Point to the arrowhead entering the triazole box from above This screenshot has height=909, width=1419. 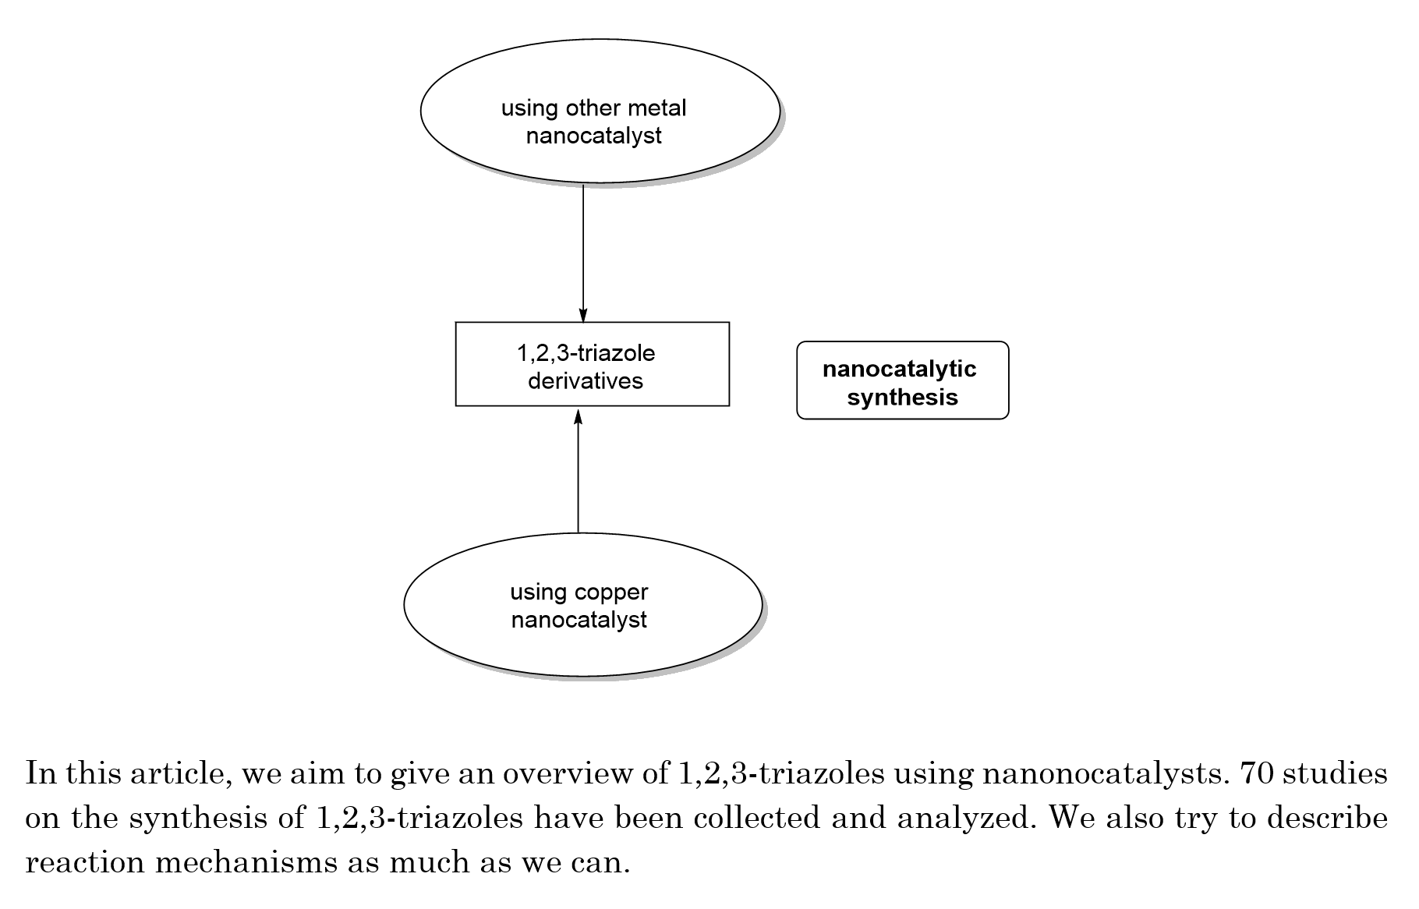coord(583,315)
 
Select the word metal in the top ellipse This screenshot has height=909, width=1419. coord(659,108)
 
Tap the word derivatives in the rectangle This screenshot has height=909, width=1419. coord(586,381)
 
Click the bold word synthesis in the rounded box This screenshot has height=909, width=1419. coord(903,398)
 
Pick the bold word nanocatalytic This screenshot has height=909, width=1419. coord(900,369)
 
